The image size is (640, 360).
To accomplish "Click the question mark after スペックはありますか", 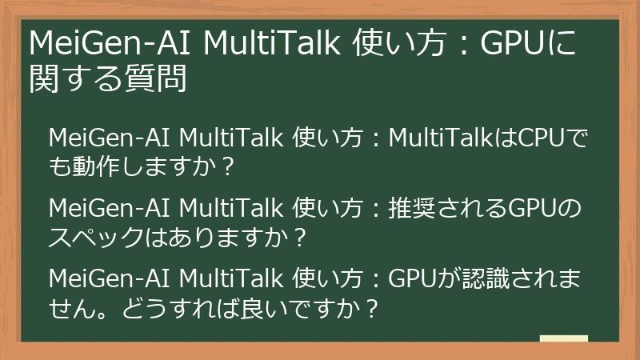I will coord(300,238).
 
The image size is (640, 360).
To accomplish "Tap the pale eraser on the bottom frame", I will coord(563,339).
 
